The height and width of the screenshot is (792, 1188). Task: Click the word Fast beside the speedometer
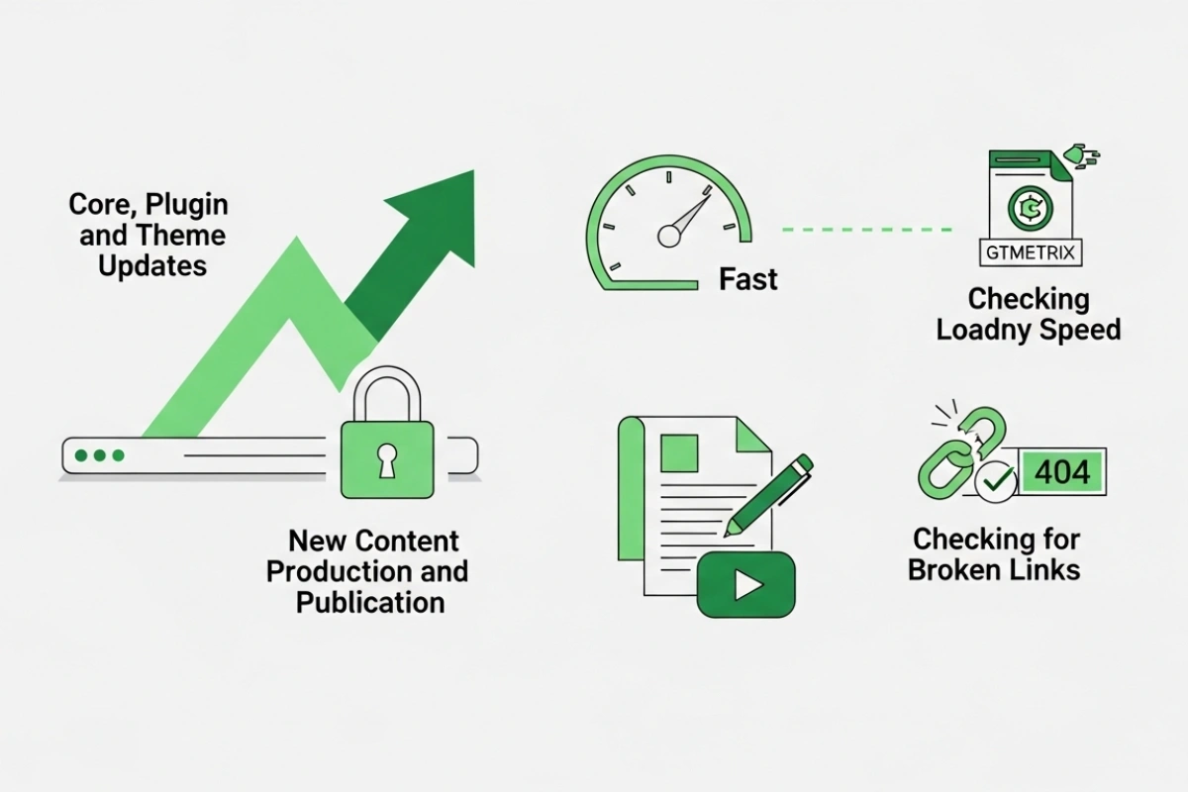pos(747,279)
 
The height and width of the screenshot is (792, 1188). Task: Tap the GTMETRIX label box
pos(1030,252)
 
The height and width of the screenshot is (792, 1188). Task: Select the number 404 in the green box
pos(1062,471)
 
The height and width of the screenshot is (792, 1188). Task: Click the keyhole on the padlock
pos(387,460)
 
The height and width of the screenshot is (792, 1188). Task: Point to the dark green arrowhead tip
pos(473,171)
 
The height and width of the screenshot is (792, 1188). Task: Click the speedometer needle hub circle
pos(669,236)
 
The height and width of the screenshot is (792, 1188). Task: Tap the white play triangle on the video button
pos(747,585)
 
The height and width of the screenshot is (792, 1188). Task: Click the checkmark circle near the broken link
pos(996,482)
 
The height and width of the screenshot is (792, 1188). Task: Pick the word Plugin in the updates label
pos(187,205)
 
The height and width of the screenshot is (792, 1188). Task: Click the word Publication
pos(370,603)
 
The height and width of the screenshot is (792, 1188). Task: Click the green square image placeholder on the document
pos(679,453)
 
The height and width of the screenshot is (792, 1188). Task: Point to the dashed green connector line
pos(867,230)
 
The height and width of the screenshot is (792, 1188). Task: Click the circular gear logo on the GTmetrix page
pos(1030,209)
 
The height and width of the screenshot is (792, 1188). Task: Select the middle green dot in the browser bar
pos(99,455)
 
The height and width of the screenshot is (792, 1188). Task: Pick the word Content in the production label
pos(407,542)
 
